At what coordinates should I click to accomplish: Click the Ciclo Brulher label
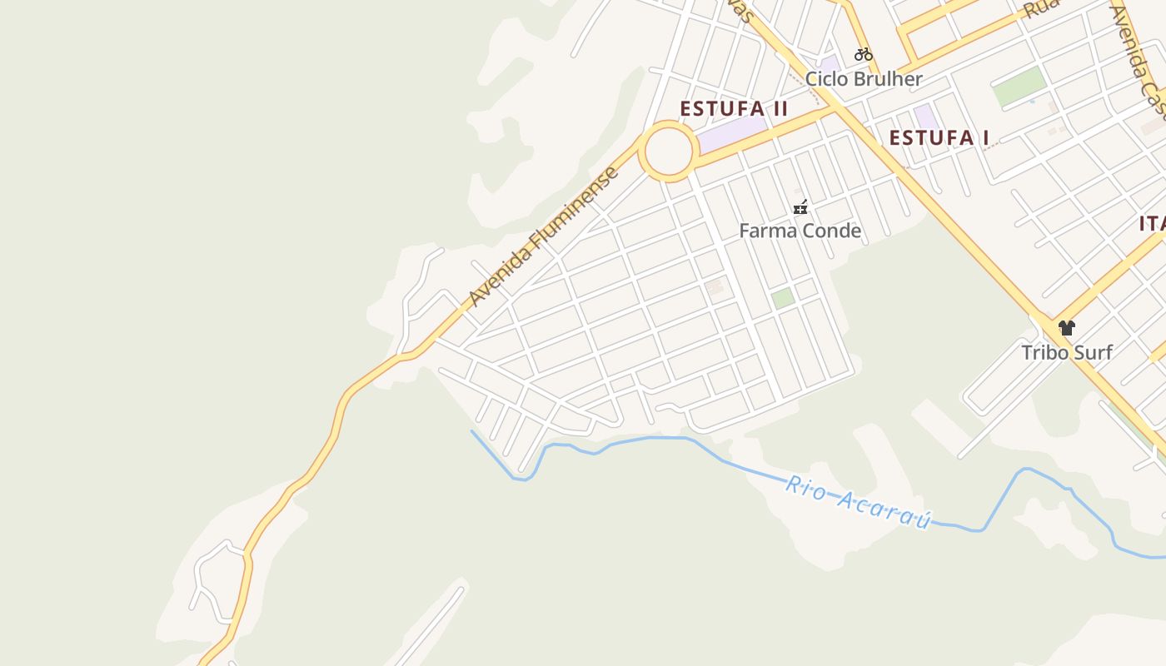[x=864, y=79]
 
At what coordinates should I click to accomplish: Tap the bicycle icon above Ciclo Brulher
[x=864, y=55]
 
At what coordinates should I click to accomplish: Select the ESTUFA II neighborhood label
[x=734, y=109]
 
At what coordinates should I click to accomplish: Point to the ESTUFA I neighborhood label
[x=939, y=138]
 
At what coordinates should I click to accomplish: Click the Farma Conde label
[x=800, y=231]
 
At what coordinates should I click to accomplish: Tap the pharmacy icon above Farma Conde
[x=800, y=207]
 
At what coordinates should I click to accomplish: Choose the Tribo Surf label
[x=1067, y=352]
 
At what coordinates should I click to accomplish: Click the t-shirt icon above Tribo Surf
[x=1067, y=327]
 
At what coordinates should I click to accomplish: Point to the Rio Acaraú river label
[x=858, y=502]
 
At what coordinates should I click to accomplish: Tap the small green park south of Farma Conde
[x=782, y=298]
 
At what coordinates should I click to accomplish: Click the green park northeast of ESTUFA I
[x=1019, y=87]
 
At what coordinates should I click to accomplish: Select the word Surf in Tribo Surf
[x=1090, y=352]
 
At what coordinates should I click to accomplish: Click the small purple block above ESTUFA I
[x=925, y=117]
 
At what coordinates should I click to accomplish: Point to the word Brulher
[x=889, y=79]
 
